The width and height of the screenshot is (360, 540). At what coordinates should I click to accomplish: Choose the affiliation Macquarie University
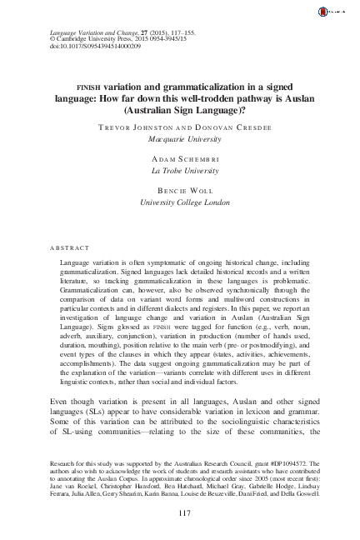pyautogui.click(x=179, y=142)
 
